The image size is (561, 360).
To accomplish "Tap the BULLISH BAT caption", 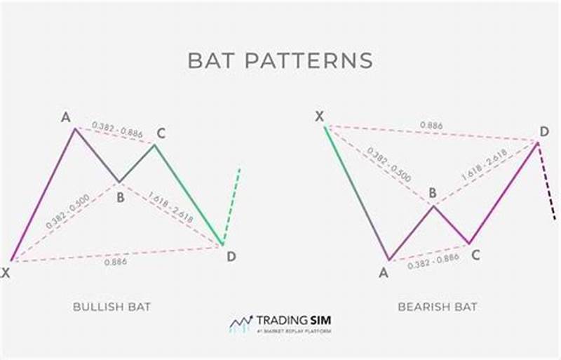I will (x=111, y=307).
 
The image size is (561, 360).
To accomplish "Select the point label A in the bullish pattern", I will (x=66, y=117).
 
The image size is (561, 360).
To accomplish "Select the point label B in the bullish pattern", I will (x=121, y=197).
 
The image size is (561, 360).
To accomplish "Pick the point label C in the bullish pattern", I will (x=160, y=133).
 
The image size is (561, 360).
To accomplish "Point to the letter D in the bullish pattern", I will (x=231, y=257).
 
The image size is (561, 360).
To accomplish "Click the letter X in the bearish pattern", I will (x=319, y=116).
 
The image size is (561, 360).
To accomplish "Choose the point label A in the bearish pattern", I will (x=384, y=273).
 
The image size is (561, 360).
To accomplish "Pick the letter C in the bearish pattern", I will (x=475, y=256).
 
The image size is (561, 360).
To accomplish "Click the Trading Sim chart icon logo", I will (x=241, y=323).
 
